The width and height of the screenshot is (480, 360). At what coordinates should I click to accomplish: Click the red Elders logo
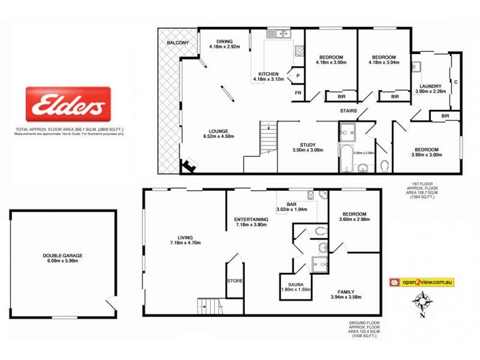[68, 106]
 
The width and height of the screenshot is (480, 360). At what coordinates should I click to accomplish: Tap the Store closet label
[235, 280]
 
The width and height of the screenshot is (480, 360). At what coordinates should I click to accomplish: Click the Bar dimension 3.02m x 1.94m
[292, 209]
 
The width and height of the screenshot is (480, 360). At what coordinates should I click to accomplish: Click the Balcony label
[178, 43]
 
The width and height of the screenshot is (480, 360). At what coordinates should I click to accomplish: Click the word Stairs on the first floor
[349, 111]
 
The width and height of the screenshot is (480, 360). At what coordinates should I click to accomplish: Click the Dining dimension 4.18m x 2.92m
[224, 46]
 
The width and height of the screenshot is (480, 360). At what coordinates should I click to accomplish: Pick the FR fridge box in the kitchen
[297, 94]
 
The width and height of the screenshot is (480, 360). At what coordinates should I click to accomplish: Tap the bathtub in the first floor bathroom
[347, 159]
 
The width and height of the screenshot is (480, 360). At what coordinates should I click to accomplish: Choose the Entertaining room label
[251, 219]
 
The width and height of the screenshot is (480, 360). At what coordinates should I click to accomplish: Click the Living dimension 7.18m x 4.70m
[184, 242]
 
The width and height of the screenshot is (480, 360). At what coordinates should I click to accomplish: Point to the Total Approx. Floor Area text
[70, 130]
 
